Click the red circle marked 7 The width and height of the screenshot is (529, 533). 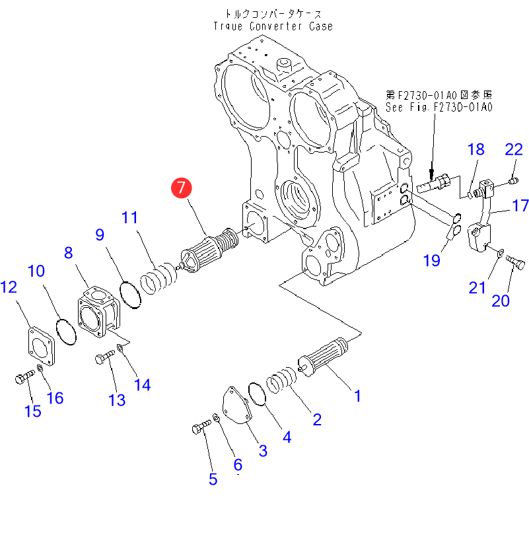(x=181, y=188)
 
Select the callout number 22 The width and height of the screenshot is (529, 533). (x=514, y=149)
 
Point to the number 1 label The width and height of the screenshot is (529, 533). (x=357, y=396)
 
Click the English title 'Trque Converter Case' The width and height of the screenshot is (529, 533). (x=273, y=26)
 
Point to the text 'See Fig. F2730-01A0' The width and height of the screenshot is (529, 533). (x=440, y=106)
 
